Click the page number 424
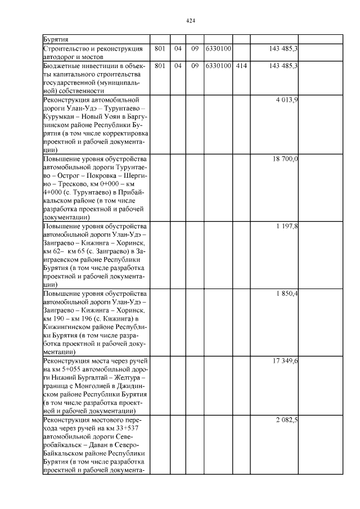(190, 21)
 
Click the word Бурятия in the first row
(56, 39)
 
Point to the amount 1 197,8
(287, 226)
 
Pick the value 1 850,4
(287, 294)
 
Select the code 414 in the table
(242, 66)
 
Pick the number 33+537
(129, 429)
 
